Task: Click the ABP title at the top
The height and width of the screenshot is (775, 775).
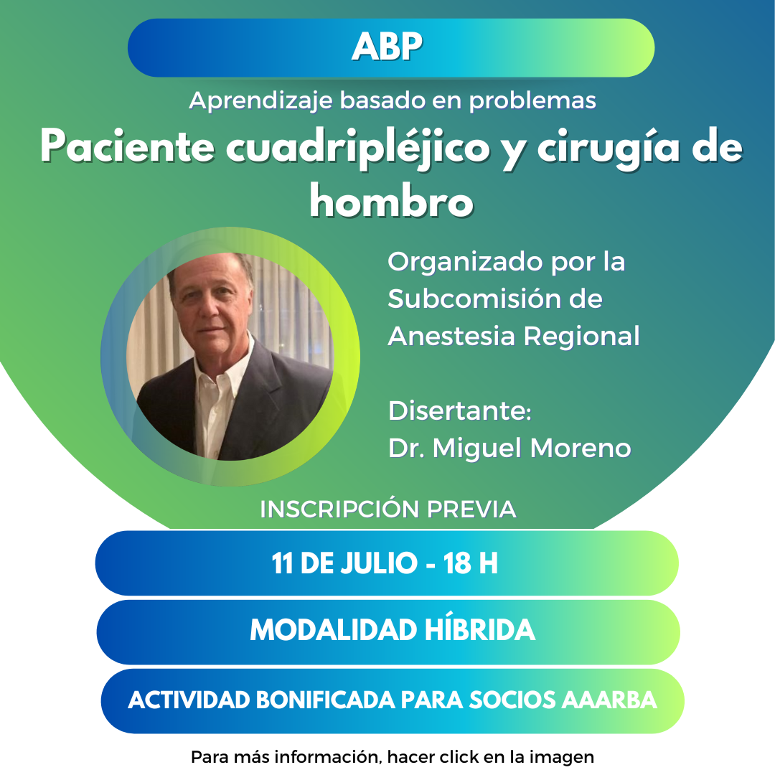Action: [387, 47]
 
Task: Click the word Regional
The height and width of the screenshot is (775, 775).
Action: [581, 337]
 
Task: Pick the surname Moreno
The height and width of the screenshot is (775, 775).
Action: [581, 448]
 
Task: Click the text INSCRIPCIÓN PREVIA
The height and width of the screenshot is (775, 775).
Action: [388, 509]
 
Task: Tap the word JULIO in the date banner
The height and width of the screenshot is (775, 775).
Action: [379, 563]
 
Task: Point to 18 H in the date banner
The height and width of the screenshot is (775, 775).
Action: [470, 563]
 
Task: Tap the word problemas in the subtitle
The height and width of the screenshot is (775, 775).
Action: [532, 101]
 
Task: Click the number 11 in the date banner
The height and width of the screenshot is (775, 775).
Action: [282, 563]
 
